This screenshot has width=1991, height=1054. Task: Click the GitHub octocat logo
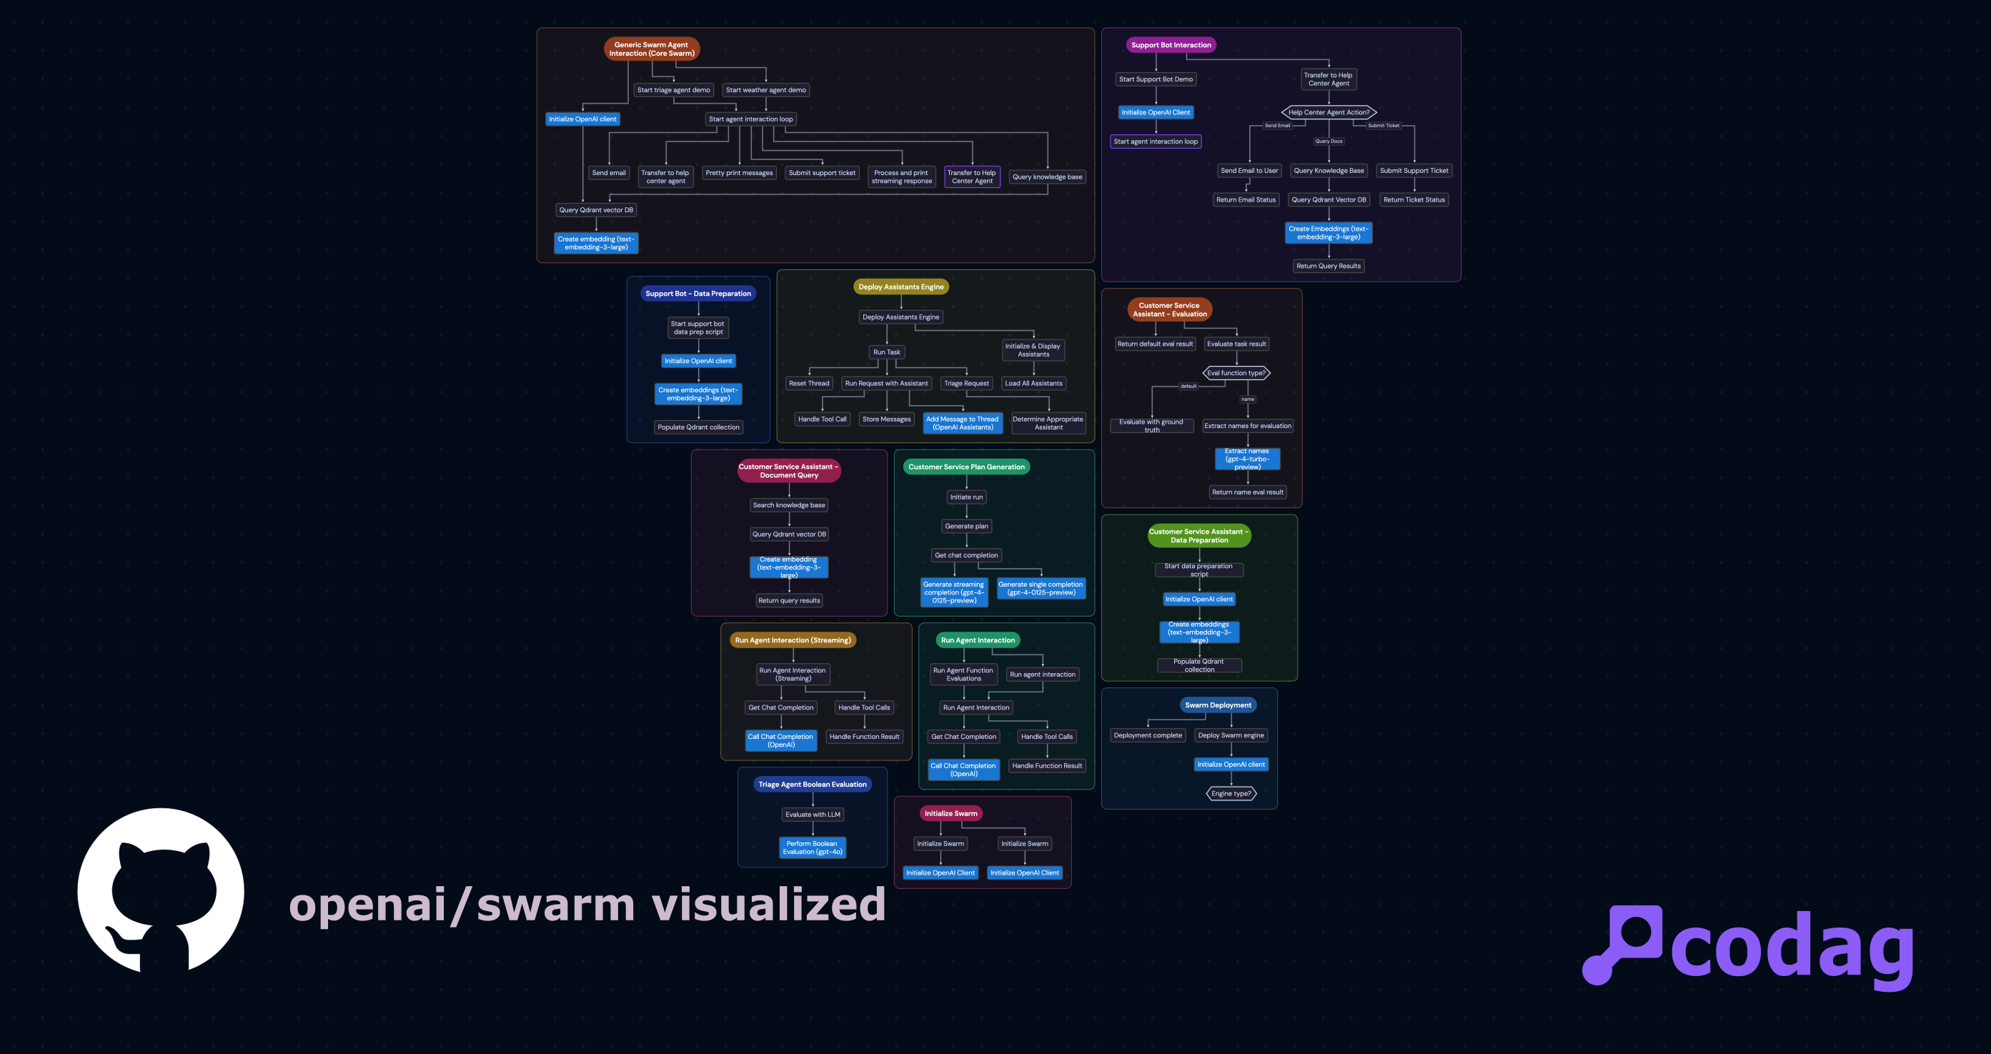[161, 890]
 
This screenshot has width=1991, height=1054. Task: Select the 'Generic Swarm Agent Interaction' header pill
[652, 49]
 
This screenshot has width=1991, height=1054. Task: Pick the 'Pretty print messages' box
[739, 173]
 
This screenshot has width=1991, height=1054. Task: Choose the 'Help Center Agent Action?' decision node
[1329, 112]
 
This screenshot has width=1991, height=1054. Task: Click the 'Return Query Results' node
[1328, 266]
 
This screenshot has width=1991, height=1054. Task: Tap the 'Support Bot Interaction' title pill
[1171, 45]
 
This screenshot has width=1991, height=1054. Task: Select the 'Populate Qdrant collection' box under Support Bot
[698, 427]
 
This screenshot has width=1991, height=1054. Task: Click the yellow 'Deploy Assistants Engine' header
[900, 287]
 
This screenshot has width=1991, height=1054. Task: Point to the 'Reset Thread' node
[808, 383]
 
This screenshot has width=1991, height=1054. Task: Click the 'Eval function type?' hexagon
[1236, 373]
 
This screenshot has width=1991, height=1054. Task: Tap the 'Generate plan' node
[966, 526]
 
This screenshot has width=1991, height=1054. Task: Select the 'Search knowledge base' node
[788, 505]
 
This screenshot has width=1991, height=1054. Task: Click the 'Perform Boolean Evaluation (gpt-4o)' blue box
[812, 847]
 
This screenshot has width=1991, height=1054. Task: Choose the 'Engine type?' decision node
[1231, 794]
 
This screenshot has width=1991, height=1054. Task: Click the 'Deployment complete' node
[1147, 735]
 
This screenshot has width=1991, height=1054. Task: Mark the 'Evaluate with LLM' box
[813, 815]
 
